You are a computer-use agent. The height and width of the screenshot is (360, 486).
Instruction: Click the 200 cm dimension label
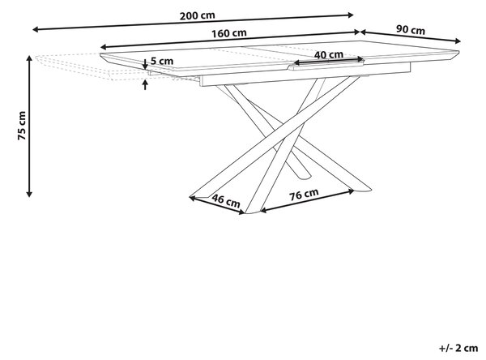point(197,15)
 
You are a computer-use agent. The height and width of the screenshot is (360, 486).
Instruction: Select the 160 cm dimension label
point(229,33)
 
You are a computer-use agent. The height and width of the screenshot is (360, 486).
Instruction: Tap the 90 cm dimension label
point(411,30)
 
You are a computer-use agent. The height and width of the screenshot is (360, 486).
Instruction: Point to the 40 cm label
point(329,54)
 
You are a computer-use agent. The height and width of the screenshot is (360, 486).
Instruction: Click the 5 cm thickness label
point(162,61)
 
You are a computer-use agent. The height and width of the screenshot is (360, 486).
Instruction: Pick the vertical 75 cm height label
point(22,126)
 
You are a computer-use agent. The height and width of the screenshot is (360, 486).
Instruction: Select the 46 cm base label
point(226,201)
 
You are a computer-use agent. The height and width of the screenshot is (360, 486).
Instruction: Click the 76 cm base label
point(304,195)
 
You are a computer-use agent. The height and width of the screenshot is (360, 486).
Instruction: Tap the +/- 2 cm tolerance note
point(458,348)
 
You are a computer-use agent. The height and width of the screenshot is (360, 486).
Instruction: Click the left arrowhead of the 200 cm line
point(35,29)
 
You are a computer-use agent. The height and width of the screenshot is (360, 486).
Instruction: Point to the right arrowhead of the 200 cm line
point(351,15)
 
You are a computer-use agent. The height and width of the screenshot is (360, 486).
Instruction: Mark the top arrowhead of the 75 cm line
point(29,58)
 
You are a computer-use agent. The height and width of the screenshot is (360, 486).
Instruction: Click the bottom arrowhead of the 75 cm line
point(29,195)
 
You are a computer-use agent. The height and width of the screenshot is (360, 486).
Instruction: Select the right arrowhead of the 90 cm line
point(458,41)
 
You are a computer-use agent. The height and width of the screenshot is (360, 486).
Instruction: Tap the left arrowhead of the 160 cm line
point(103,47)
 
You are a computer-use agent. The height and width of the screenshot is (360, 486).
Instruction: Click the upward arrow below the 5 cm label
point(145,84)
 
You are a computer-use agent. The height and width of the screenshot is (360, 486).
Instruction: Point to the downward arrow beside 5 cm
point(145,64)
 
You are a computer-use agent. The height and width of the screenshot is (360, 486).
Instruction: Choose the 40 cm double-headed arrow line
point(329,61)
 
